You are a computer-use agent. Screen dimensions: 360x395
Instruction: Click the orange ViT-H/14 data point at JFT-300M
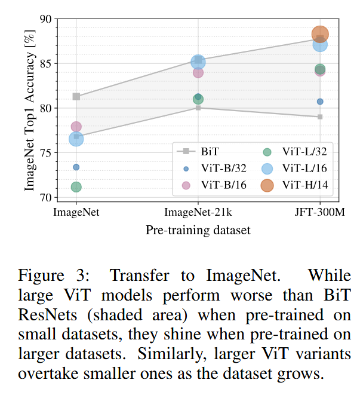click(x=320, y=34)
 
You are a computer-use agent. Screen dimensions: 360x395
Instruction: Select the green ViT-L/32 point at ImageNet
click(x=76, y=187)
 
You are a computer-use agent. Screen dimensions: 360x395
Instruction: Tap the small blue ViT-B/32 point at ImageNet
click(x=76, y=167)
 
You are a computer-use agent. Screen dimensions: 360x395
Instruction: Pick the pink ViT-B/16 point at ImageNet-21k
click(x=198, y=72)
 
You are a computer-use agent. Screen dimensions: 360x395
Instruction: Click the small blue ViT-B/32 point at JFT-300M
click(x=320, y=102)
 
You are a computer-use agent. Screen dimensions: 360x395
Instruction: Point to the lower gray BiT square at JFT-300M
click(x=320, y=117)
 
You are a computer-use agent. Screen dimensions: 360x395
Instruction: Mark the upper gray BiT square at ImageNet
click(x=76, y=96)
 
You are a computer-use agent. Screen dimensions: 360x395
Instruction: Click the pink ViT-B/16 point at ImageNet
click(x=76, y=127)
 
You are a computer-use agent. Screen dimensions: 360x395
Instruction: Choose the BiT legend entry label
click(x=210, y=151)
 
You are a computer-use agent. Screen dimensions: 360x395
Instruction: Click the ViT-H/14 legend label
click(x=305, y=185)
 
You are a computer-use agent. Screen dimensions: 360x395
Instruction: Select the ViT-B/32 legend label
click(x=224, y=169)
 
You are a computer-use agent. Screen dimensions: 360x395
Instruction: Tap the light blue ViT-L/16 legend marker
click(x=267, y=169)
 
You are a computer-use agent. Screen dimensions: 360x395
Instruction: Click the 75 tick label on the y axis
click(x=45, y=153)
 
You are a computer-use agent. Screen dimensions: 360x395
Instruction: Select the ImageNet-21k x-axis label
click(x=198, y=212)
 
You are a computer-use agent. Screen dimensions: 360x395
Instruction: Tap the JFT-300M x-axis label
click(x=320, y=212)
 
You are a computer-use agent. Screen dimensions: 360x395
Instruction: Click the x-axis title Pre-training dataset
click(x=198, y=230)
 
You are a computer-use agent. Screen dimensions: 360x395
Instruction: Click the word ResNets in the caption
click(x=47, y=315)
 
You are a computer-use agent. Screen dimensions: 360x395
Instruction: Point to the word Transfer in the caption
click(x=140, y=275)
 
